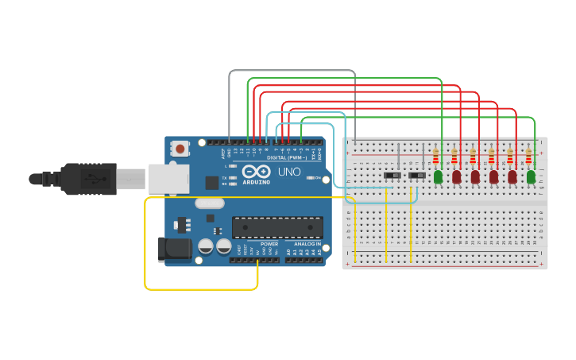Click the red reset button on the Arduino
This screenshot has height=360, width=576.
coord(181,149)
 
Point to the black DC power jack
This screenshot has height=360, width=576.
coord(174,249)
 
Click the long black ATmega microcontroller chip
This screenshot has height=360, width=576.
coord(277,227)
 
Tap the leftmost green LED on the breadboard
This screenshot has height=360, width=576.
coord(438,176)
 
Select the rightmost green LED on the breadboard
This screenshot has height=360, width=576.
coord(531,176)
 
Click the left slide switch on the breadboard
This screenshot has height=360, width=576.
coord(391,175)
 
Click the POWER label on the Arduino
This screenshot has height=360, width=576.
coord(269,244)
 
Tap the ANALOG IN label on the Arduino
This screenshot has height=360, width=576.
coord(307,244)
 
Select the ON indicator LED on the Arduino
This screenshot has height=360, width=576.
coord(310,177)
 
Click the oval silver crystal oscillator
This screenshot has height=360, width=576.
coord(209,203)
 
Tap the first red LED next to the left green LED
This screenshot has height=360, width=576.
coord(457,176)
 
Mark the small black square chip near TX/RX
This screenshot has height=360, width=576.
coord(211,182)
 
